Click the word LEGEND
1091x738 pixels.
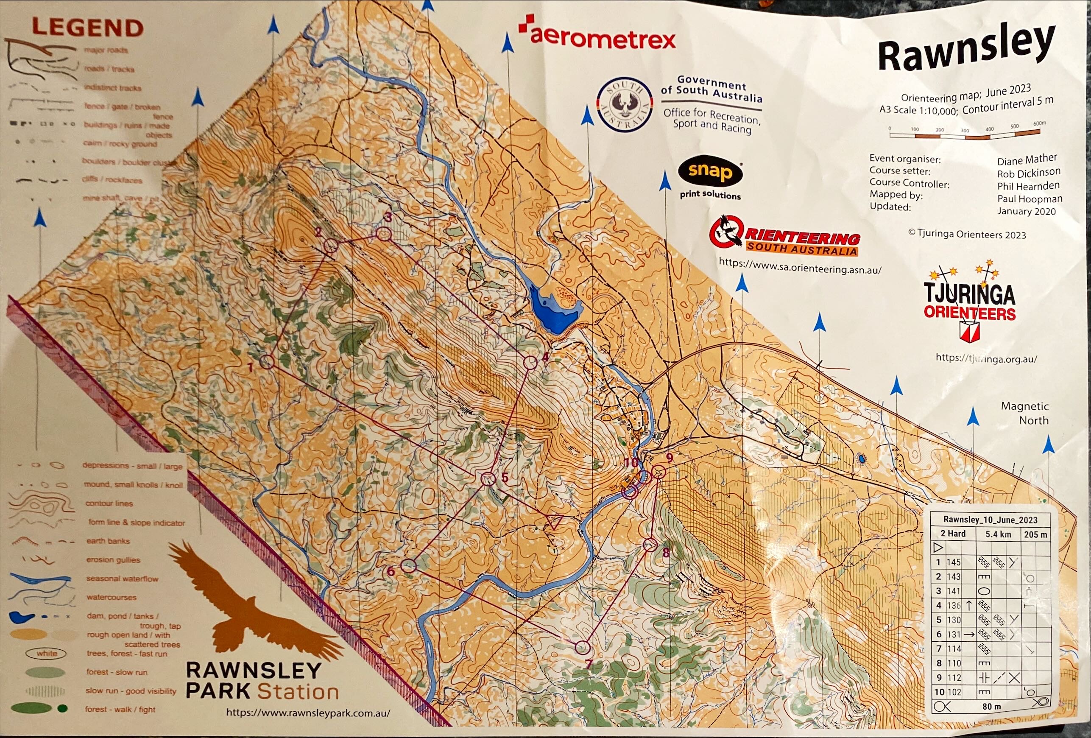pyautogui.click(x=87, y=28)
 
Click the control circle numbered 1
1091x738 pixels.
pyautogui.click(x=267, y=361)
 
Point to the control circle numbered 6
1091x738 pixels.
pyautogui.click(x=409, y=566)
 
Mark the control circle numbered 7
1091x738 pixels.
pyautogui.click(x=582, y=647)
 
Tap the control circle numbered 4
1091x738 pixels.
pyautogui.click(x=530, y=363)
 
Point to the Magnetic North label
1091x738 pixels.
pyautogui.click(x=1024, y=413)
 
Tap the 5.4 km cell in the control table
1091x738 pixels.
pyautogui.click(x=998, y=534)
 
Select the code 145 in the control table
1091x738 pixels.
pyautogui.click(x=954, y=562)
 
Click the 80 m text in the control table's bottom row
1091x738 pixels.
pyautogui.click(x=991, y=706)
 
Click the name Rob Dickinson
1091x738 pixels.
pyautogui.click(x=1028, y=173)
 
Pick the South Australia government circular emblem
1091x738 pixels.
pyautogui.click(x=624, y=105)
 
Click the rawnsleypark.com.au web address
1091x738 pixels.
pyautogui.click(x=308, y=713)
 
